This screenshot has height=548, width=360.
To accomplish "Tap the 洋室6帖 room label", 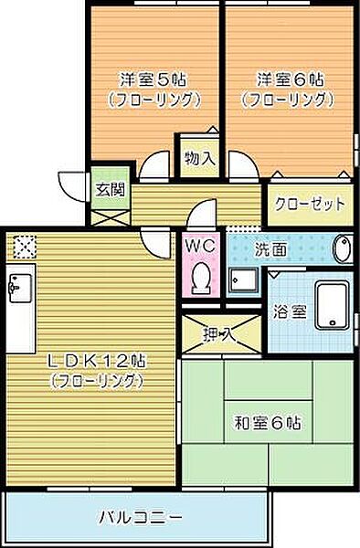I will (285, 79).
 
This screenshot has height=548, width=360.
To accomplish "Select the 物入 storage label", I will (200, 157).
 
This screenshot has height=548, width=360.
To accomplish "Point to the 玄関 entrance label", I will (107, 190).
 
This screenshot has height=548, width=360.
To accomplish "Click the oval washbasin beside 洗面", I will (343, 250).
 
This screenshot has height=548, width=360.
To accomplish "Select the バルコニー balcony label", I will (142, 516).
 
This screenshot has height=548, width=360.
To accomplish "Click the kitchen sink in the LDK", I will (17, 290).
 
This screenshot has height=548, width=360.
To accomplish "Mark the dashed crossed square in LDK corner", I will (25, 246).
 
